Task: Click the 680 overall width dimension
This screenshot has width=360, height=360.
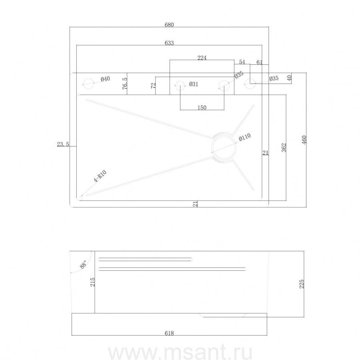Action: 169,24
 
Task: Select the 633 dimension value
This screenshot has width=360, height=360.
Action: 169,43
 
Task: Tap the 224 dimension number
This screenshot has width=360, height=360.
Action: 202,58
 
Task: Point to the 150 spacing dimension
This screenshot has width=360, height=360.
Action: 202,108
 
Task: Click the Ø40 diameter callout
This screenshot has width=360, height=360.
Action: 105,79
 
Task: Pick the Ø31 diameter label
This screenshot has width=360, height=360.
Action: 194,84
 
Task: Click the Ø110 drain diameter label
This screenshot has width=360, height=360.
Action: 245,137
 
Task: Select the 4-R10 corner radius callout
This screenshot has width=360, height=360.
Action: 100,176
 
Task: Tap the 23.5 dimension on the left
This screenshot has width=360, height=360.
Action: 63,144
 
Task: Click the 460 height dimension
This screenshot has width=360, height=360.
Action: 304,140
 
